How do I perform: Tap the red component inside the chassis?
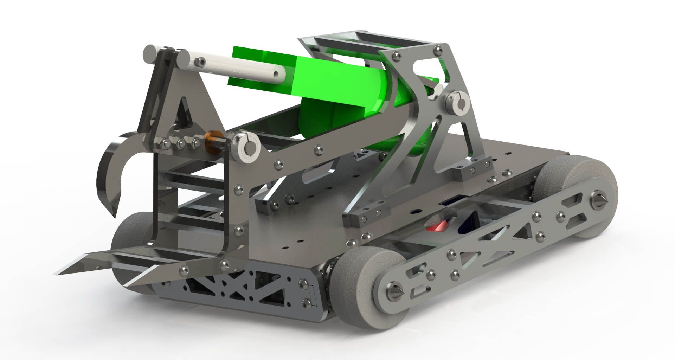coord(435,227)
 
